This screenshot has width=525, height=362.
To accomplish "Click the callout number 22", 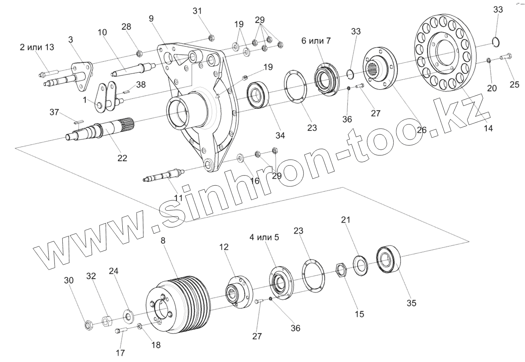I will pos(122,158).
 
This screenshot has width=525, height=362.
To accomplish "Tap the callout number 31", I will pos(197,11).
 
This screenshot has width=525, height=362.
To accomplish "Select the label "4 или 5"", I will pos(264,238).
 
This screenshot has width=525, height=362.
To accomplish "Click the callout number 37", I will pos(54,113).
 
